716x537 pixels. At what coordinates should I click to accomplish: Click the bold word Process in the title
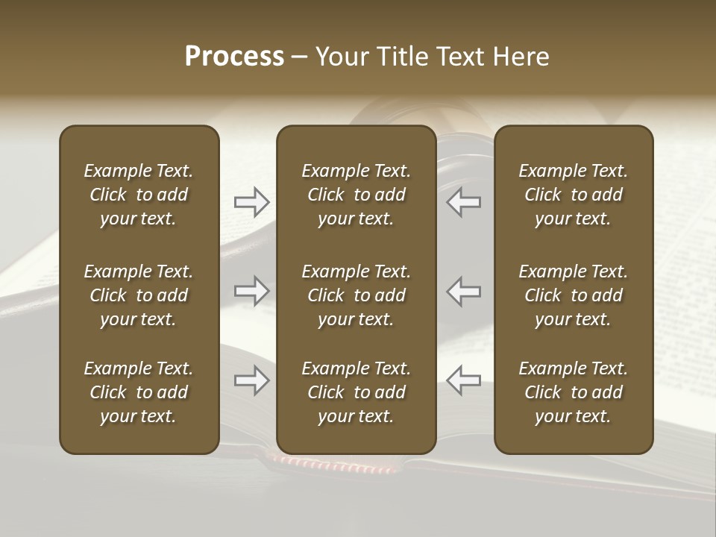coord(234,57)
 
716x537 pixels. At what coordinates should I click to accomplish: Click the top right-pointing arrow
coord(251,201)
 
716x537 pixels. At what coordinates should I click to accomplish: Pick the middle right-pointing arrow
coord(251,291)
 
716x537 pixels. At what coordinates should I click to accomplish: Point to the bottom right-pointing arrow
coord(251,380)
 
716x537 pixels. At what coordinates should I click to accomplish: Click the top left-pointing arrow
coord(463,201)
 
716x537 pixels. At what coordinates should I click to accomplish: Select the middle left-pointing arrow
coord(463,291)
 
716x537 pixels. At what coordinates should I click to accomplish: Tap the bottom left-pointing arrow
coord(463,380)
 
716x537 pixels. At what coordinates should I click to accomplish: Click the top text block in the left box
coord(139,195)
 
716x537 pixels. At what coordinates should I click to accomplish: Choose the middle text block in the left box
coord(139,295)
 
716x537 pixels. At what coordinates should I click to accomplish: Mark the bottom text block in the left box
coord(139,392)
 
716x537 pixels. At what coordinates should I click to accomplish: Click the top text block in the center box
coord(356,195)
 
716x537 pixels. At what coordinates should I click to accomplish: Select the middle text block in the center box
coord(356,295)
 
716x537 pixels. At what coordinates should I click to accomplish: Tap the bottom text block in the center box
coord(356,392)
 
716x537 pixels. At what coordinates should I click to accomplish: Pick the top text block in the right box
coord(573,195)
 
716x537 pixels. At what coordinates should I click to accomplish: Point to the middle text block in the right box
coord(573,295)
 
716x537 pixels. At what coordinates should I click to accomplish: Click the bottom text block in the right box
coord(573,392)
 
